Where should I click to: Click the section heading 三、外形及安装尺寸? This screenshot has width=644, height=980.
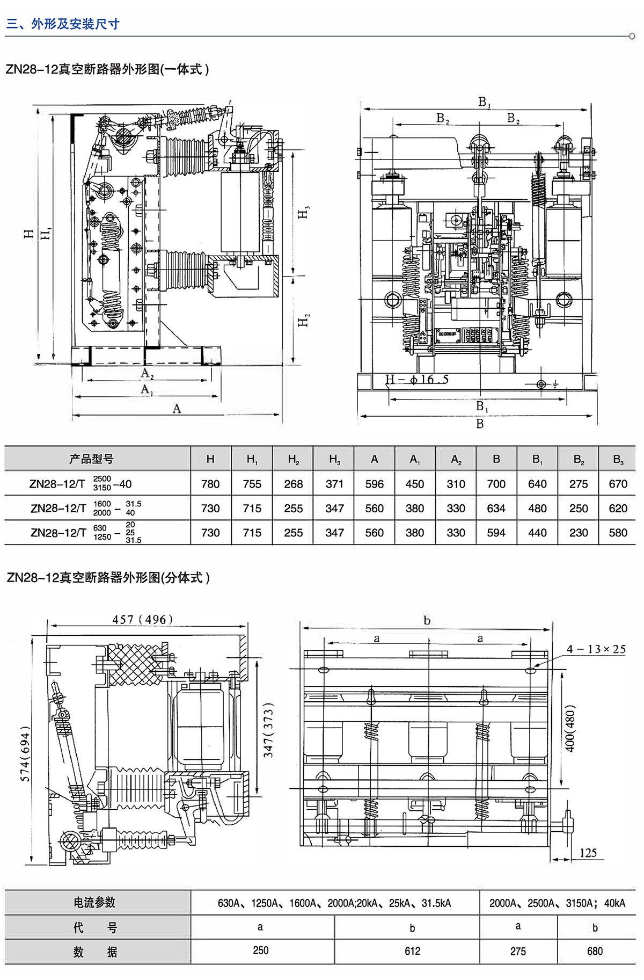click(x=63, y=24)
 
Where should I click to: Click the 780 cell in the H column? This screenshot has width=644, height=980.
click(x=210, y=484)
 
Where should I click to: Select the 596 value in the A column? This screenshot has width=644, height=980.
click(x=374, y=484)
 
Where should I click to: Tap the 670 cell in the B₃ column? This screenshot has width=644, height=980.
click(x=618, y=484)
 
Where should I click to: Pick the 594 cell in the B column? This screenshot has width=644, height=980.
click(x=496, y=533)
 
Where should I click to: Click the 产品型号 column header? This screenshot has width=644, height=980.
click(x=91, y=459)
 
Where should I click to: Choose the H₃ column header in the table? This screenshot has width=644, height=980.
click(x=334, y=460)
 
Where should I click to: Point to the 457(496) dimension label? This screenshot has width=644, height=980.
click(x=143, y=619)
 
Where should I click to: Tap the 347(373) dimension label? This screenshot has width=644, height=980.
click(x=268, y=730)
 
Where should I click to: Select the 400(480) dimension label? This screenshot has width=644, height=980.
click(x=570, y=728)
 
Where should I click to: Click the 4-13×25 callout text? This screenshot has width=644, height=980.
click(x=596, y=649)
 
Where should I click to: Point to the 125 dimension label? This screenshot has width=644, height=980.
click(x=588, y=853)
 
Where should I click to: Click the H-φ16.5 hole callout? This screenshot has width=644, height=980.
click(x=417, y=380)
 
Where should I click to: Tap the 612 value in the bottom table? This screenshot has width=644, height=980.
click(x=412, y=951)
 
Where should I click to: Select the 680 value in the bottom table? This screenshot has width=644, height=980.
click(x=595, y=951)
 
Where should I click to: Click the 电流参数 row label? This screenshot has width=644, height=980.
click(x=94, y=903)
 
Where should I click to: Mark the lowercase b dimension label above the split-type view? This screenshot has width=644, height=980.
click(x=427, y=621)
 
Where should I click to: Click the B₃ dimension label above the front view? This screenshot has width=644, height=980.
click(x=484, y=102)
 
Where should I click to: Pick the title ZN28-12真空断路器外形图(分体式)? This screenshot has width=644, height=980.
click(x=108, y=578)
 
